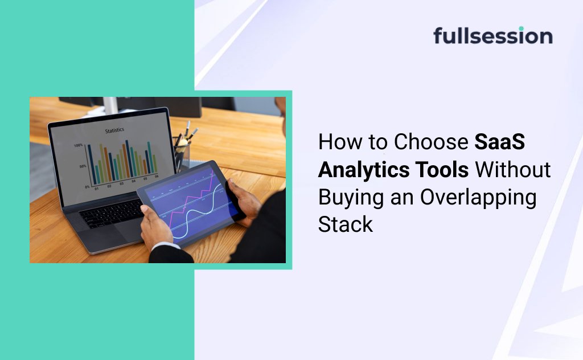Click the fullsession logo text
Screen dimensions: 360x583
coord(492,36)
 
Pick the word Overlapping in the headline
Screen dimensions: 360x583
coord(478,197)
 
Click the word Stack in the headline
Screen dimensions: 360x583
coord(345,223)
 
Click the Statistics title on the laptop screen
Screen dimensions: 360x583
coord(115,131)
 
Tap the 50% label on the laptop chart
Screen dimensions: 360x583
coord(83,166)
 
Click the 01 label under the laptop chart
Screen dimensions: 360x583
coord(96,188)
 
